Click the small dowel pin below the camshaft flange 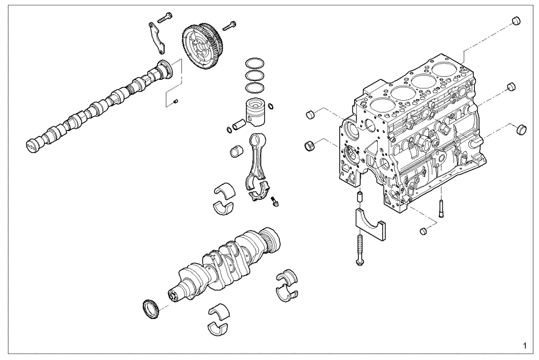click(176, 100)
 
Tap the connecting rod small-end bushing click(235, 150)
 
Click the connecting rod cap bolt click(276, 200)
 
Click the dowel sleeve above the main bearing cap click(360, 197)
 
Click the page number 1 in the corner click(525, 344)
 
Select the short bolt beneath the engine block click(440, 207)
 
